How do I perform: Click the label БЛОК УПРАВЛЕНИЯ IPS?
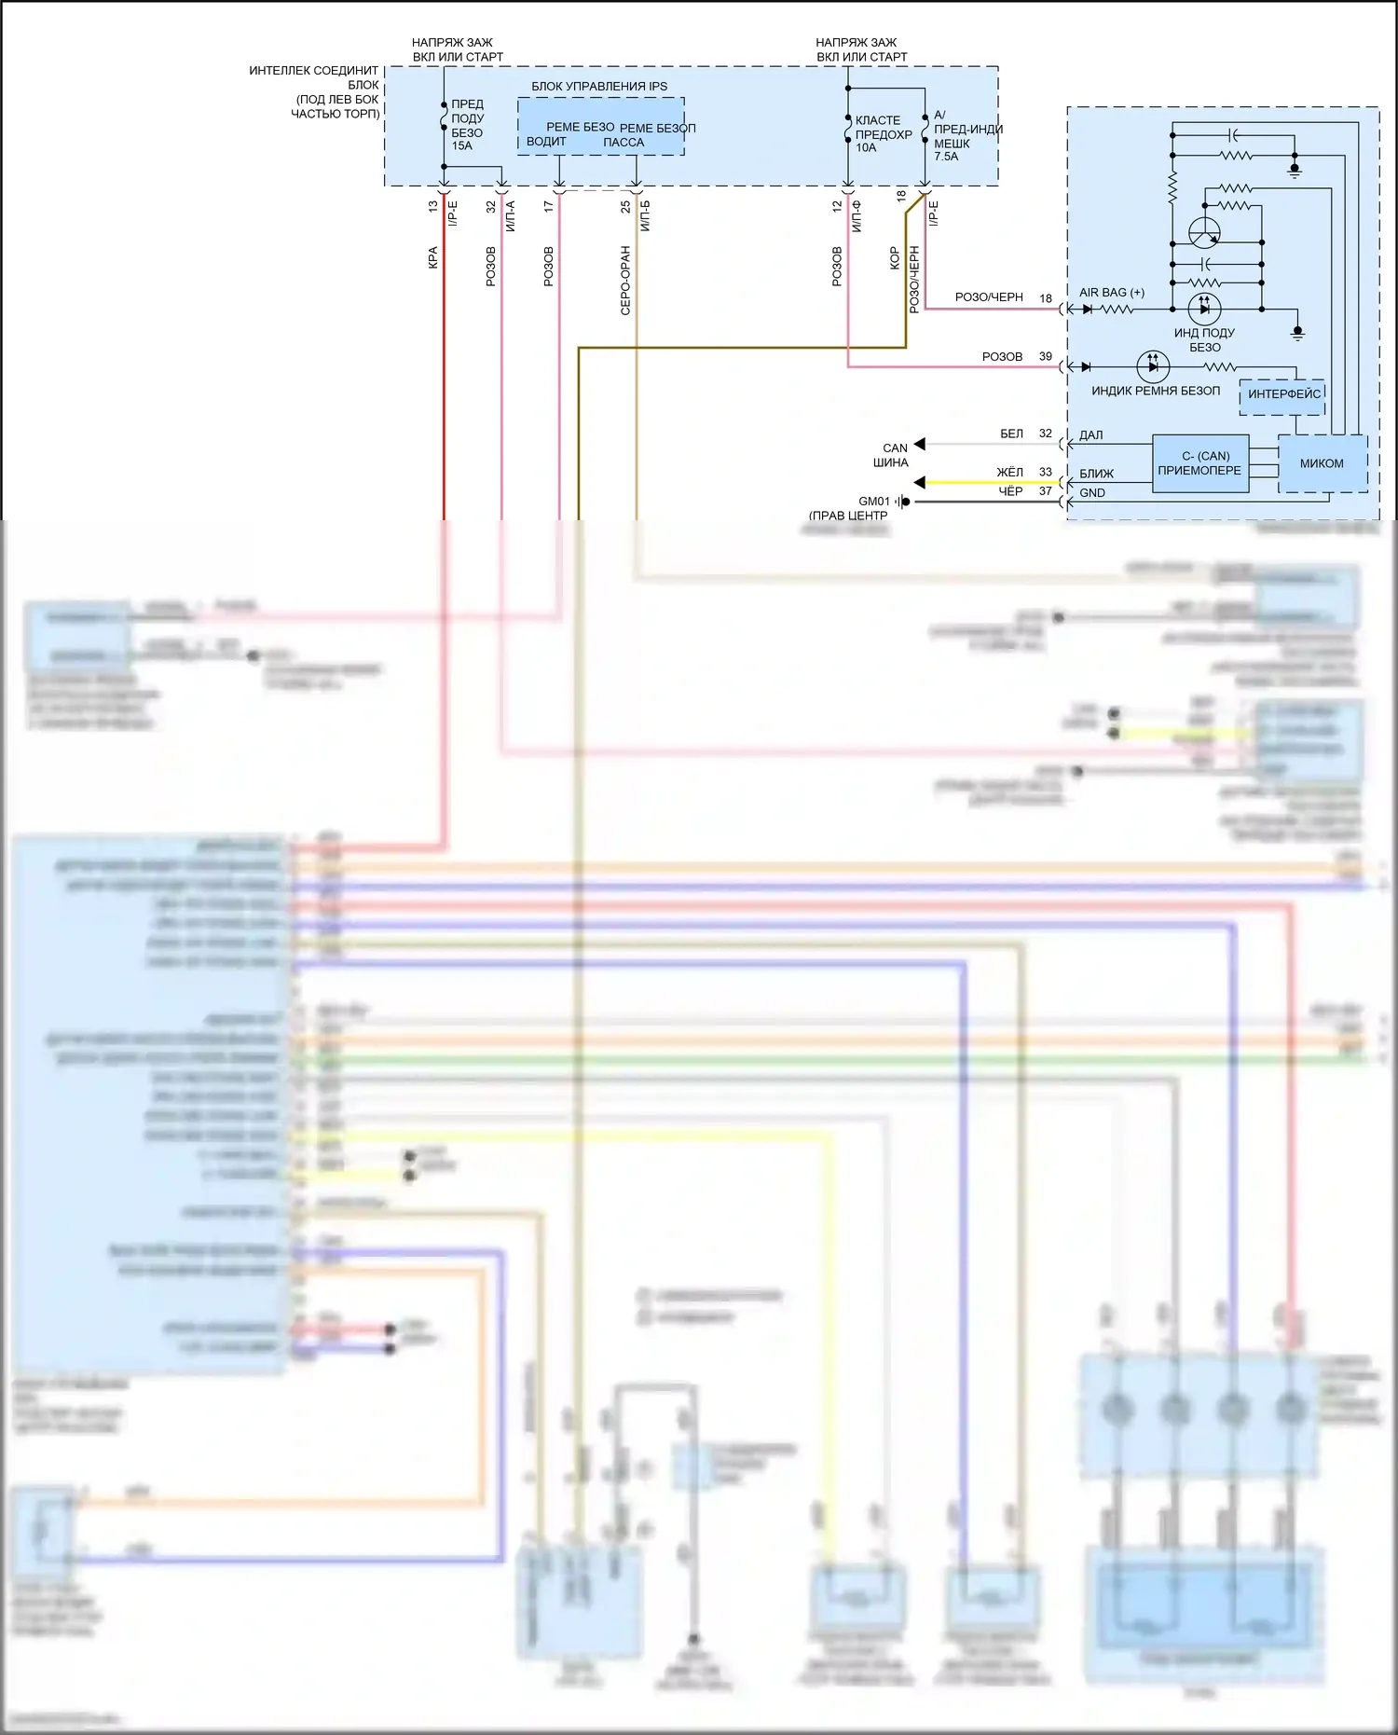pyautogui.click(x=599, y=87)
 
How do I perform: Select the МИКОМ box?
pyautogui.click(x=1322, y=463)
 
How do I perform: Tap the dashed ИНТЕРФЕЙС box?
pyautogui.click(x=1283, y=394)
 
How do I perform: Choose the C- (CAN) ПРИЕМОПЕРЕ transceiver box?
pyautogui.click(x=1199, y=463)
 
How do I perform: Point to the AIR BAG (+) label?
pyautogui.click(x=1111, y=293)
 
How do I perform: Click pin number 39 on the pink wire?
pyautogui.click(x=1046, y=357)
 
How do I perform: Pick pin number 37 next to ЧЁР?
pyautogui.click(x=1046, y=491)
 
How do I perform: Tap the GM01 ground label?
pyautogui.click(x=873, y=502)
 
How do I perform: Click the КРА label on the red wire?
pyautogui.click(x=433, y=258)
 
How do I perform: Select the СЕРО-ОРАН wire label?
pyautogui.click(x=625, y=280)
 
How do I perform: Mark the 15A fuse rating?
pyautogui.click(x=462, y=146)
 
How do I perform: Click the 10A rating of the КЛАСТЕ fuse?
pyautogui.click(x=866, y=147)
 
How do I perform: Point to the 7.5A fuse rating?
pyautogui.click(x=946, y=157)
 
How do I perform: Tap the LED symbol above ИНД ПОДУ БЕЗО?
pyautogui.click(x=1204, y=308)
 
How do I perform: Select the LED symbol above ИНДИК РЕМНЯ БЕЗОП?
pyautogui.click(x=1153, y=366)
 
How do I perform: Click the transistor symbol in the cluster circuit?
pyautogui.click(x=1204, y=231)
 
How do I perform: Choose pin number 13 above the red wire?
pyautogui.click(x=433, y=207)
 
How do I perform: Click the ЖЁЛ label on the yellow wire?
pyautogui.click(x=1009, y=473)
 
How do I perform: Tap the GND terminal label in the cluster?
pyautogui.click(x=1091, y=493)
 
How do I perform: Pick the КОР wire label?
pyautogui.click(x=895, y=258)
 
